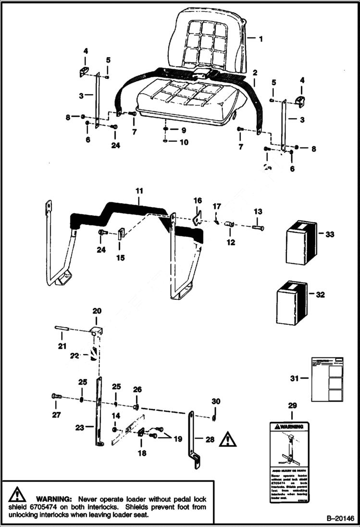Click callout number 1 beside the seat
pos(261,39)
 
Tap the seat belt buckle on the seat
pos(201,74)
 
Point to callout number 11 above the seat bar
pos(139,191)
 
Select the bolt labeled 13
pos(258,227)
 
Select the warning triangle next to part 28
pos(227,439)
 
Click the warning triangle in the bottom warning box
pos(17,494)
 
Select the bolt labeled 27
pos(56,396)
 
